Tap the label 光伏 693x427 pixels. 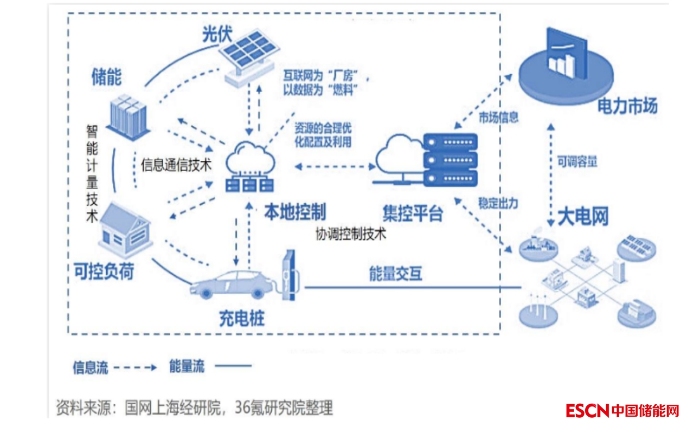pos(217,35)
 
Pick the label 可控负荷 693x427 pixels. pos(104,271)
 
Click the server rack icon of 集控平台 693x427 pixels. pos(450,160)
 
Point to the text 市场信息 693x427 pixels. pos(498,118)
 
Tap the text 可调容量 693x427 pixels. pos(577,161)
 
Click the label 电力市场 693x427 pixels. pos(627,107)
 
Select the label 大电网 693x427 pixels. pos(583,217)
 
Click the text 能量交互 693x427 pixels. pos(395,274)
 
